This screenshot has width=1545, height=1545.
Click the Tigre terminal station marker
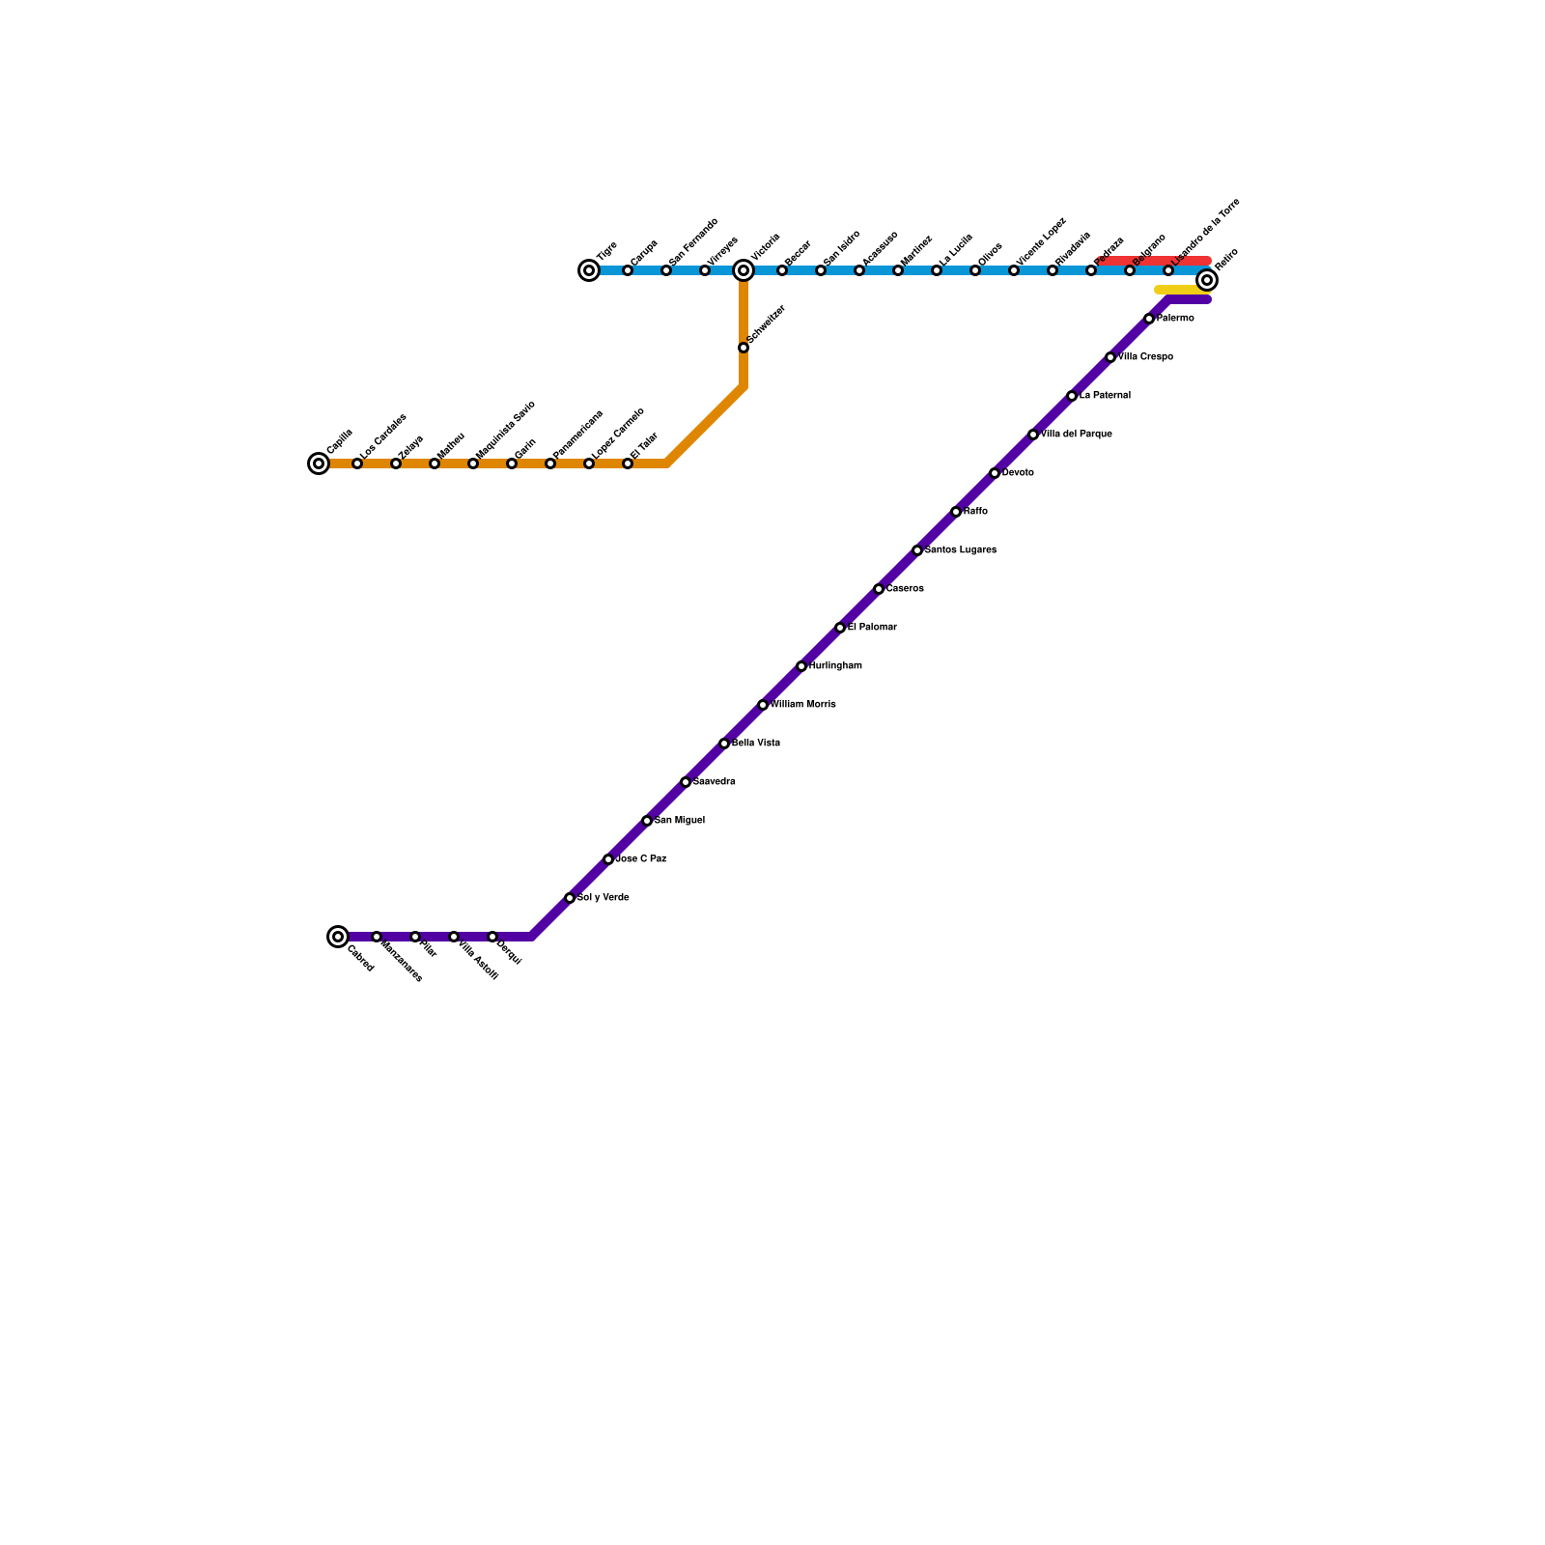pyautogui.click(x=589, y=270)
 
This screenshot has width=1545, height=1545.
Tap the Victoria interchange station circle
pyautogui.click(x=744, y=270)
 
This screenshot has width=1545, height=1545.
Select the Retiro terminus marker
pyautogui.click(x=1207, y=280)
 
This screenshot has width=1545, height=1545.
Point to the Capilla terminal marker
pyautogui.click(x=319, y=463)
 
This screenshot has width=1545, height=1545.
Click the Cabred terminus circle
pyautogui.click(x=338, y=936)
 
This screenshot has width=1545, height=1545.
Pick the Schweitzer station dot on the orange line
pyautogui.click(x=744, y=348)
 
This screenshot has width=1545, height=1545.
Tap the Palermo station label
pyautogui.click(x=1175, y=319)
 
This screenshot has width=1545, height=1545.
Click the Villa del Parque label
pyautogui.click(x=1077, y=435)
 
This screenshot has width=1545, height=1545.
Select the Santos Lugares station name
pyautogui.click(x=961, y=550)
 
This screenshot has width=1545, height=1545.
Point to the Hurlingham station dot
pyautogui.click(x=801, y=666)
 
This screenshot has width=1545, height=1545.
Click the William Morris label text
pyautogui.click(x=803, y=705)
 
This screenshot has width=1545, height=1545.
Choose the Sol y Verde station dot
pyautogui.click(x=570, y=898)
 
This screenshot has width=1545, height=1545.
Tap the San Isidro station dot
pyautogui.click(x=821, y=270)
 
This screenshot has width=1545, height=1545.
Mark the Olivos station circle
pyautogui.click(x=975, y=270)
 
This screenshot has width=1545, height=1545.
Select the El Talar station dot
pyautogui.click(x=628, y=463)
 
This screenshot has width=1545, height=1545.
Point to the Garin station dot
pyautogui.click(x=512, y=463)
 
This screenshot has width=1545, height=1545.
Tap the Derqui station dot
pyautogui.click(x=492, y=937)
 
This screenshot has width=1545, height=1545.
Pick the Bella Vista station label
pyautogui.click(x=756, y=744)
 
